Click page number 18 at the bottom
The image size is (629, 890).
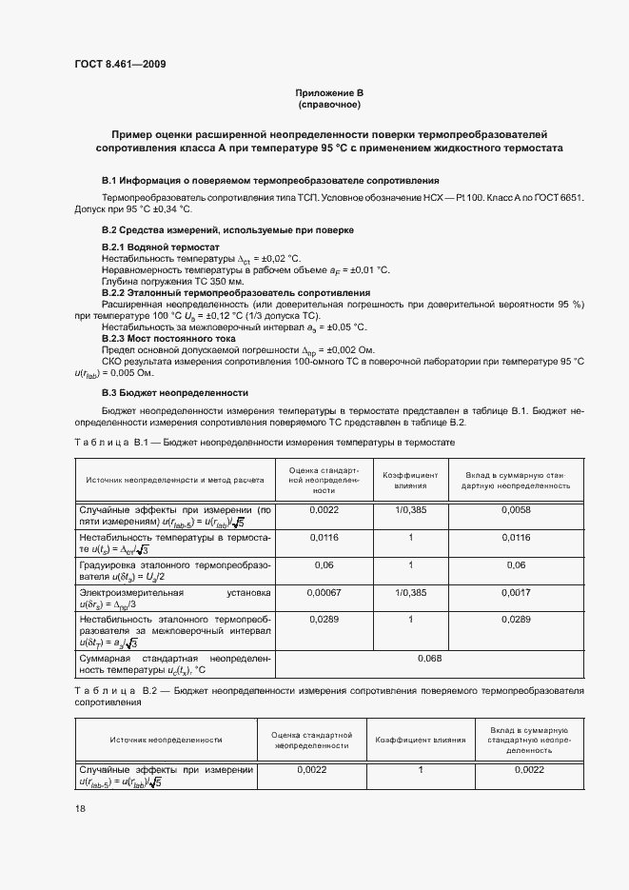coord(80,808)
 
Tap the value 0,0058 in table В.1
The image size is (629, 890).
coord(513,510)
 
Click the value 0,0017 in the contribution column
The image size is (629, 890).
coord(513,590)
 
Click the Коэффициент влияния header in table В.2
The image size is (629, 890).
coord(420,739)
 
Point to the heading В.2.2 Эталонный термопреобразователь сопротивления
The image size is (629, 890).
coord(235,292)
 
